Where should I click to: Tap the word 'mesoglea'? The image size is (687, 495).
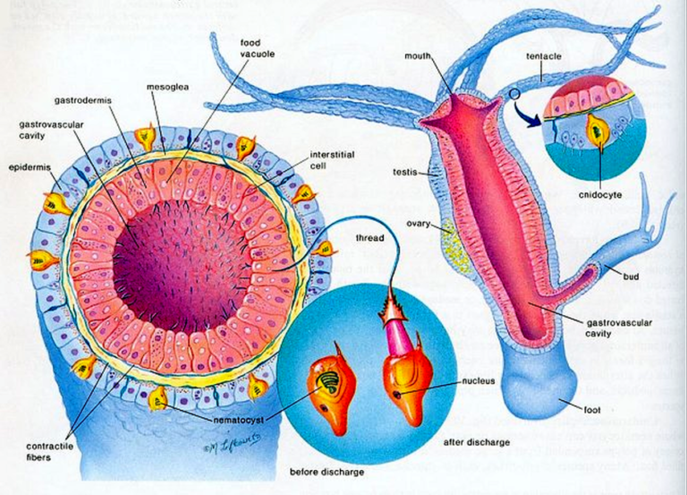click(x=165, y=87)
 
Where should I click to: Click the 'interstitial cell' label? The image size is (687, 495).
click(x=332, y=159)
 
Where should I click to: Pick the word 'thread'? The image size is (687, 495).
click(x=369, y=239)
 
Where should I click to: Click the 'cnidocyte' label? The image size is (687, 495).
click(x=600, y=193)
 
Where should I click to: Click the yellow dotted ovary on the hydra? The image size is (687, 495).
click(x=450, y=241)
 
